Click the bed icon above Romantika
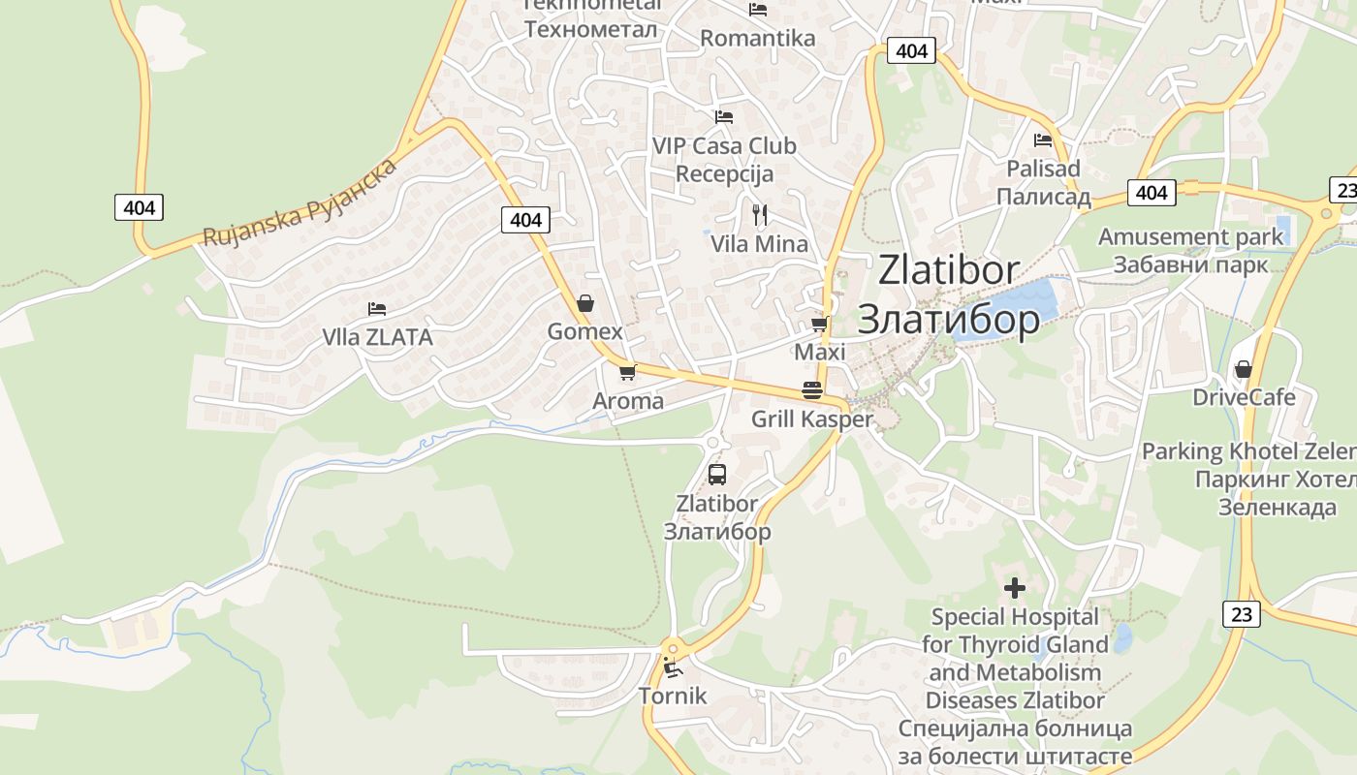(x=758, y=10)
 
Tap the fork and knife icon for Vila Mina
(x=760, y=214)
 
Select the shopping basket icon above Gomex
(x=585, y=303)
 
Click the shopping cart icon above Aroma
(x=627, y=372)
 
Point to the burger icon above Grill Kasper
(x=812, y=390)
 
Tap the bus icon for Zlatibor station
(x=717, y=475)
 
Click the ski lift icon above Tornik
(x=671, y=666)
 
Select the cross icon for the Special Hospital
(x=1015, y=588)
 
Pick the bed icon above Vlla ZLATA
(x=377, y=309)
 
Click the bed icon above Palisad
(x=1043, y=139)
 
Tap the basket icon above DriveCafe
(x=1244, y=369)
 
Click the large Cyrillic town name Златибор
(x=949, y=319)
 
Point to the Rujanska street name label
(x=300, y=203)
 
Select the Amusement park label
(x=1190, y=236)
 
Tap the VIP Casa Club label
(x=724, y=146)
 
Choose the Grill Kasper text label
(x=812, y=419)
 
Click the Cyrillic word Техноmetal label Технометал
(x=590, y=29)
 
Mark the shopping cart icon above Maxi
(x=820, y=324)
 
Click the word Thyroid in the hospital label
(x=1033, y=644)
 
